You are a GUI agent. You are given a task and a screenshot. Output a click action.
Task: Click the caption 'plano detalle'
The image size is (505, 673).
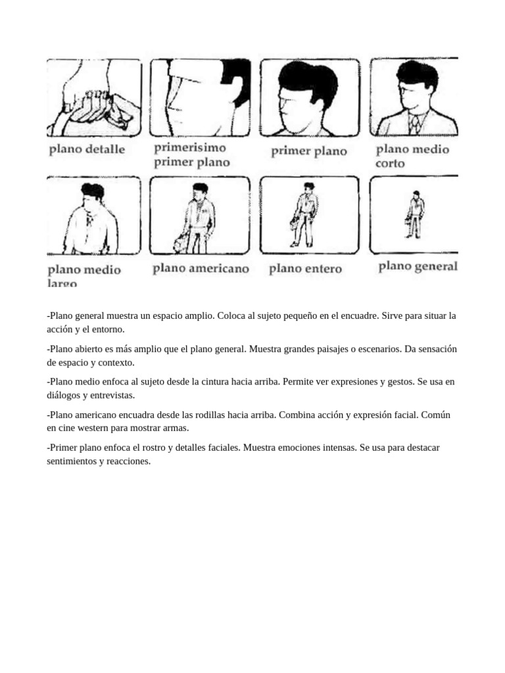click(86, 149)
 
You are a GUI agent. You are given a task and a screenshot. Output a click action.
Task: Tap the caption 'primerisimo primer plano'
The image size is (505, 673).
click(191, 155)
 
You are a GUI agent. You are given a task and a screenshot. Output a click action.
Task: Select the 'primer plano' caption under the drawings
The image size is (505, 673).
click(308, 151)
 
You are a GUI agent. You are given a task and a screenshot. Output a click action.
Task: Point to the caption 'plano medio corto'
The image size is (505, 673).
click(412, 155)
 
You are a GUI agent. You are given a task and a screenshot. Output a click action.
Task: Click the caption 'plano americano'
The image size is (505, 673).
click(201, 268)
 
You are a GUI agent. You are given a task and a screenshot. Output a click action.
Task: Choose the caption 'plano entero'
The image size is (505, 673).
click(305, 269)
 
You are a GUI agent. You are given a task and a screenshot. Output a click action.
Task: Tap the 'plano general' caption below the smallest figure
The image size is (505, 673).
click(418, 266)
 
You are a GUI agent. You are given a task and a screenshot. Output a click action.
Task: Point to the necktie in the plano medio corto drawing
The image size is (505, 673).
click(414, 123)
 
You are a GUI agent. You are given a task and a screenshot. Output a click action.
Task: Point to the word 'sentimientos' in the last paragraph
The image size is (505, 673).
click(70, 461)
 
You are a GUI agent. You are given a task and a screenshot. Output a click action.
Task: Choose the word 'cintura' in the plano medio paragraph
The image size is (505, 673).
click(201, 382)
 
